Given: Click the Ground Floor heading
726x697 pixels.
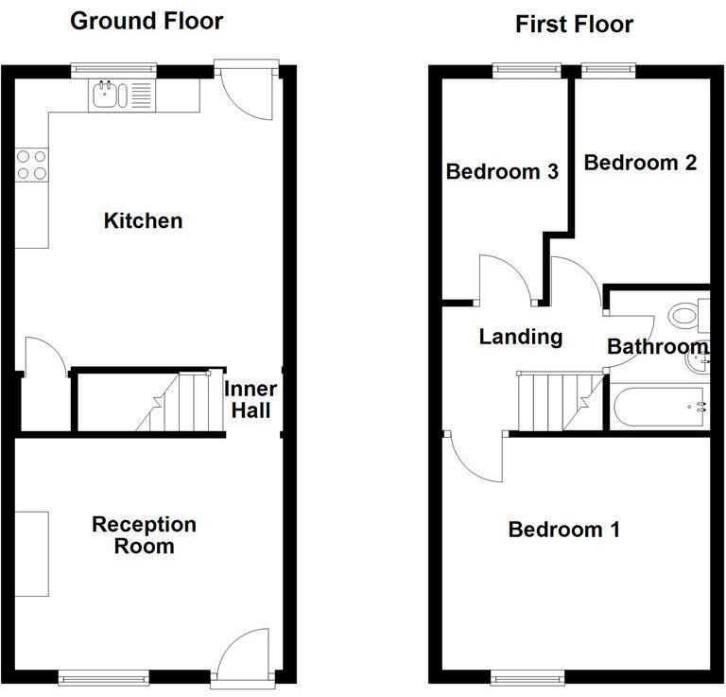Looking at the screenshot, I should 147,21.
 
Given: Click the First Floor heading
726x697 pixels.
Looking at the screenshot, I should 574,24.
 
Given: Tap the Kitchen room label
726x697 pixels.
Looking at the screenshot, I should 143,221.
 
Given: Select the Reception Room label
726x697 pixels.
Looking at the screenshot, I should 144,535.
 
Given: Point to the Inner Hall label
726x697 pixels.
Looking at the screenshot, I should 251,400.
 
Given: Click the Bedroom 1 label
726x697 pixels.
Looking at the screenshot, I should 563,530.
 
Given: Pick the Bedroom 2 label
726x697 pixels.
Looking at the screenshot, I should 640,163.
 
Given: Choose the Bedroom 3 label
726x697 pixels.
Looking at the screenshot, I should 502,172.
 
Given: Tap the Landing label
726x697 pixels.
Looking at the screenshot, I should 521,337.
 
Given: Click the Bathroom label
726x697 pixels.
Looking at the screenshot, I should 656,347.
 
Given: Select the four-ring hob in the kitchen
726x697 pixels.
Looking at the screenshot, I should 31,166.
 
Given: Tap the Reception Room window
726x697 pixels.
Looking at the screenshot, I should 103,677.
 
